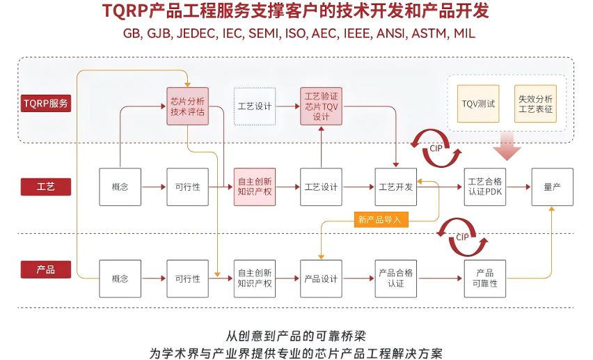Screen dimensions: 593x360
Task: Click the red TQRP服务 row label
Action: click(46, 103)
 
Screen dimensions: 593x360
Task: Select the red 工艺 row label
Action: click(46, 187)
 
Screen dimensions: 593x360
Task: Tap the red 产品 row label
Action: click(46, 269)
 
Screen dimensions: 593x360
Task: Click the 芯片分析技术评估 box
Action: click(188, 107)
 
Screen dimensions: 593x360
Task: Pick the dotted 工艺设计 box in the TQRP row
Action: click(255, 107)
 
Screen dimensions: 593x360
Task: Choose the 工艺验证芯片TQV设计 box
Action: click(321, 107)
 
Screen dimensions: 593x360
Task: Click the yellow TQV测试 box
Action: click(478, 104)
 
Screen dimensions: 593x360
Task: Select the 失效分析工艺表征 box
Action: click(535, 104)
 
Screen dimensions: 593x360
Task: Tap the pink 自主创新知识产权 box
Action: click(255, 187)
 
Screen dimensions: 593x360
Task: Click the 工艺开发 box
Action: click(396, 187)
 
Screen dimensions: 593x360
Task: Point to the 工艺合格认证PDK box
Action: click(485, 187)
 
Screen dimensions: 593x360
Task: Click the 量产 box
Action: click(553, 187)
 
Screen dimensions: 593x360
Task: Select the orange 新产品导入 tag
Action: click(381, 219)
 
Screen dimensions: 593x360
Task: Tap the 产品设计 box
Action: click(321, 279)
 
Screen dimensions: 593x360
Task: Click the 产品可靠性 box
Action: click(485, 279)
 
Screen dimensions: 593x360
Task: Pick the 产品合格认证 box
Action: click(396, 279)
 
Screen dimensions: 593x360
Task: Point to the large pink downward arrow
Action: click(507, 146)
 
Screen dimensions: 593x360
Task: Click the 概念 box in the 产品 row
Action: click(120, 279)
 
